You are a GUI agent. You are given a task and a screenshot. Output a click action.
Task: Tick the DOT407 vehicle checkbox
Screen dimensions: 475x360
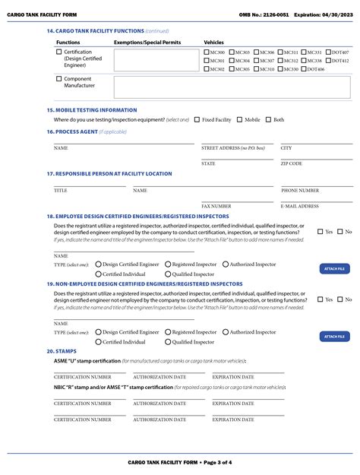(328, 52)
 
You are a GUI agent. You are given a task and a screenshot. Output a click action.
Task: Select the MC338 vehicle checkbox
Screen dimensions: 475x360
(304, 61)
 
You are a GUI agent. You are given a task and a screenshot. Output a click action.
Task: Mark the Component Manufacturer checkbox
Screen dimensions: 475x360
(59, 79)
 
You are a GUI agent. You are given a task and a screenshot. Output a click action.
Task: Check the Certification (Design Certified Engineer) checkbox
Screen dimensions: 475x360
(59, 52)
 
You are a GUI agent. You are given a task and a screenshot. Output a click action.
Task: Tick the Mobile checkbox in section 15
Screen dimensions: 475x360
(240, 119)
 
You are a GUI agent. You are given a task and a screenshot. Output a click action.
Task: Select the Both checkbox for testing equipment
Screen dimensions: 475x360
(269, 119)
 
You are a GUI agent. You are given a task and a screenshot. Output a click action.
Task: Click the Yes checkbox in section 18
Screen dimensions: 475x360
(320, 232)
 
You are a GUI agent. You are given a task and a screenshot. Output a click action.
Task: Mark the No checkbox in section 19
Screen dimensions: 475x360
(340, 299)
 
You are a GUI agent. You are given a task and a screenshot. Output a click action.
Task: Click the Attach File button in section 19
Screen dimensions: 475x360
(334, 337)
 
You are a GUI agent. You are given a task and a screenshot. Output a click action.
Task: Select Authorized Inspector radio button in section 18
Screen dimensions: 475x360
(226, 264)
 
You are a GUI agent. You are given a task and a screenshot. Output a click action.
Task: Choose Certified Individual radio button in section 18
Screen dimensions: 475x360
(98, 274)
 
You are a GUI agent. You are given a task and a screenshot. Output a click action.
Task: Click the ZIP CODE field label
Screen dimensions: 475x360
(291, 163)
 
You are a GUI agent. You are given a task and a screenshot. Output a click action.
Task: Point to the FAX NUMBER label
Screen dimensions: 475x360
(216, 206)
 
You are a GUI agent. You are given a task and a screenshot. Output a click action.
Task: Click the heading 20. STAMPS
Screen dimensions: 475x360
(62, 351)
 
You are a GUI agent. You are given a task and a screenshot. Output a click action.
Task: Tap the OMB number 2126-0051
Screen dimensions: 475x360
(273, 14)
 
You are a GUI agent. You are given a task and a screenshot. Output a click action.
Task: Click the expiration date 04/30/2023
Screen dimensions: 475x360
(336, 14)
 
